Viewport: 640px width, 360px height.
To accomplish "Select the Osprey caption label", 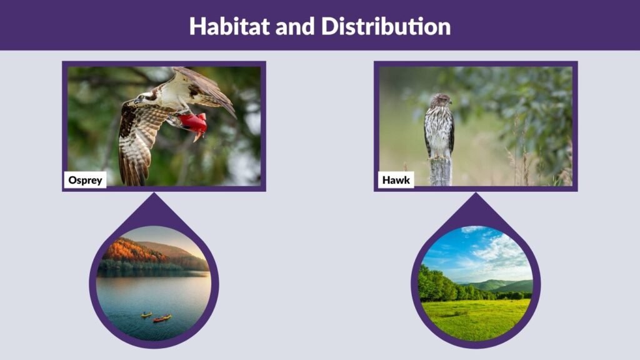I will (85, 180).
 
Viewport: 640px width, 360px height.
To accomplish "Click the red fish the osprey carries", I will (194, 122).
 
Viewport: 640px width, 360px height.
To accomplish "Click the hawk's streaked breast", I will (439, 128).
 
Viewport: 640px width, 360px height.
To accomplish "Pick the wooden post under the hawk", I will (440, 171).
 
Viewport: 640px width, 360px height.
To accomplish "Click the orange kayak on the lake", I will (162, 319).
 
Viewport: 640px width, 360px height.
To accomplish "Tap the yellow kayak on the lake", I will (146, 314).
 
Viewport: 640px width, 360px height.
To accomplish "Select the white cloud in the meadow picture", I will (500, 250).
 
